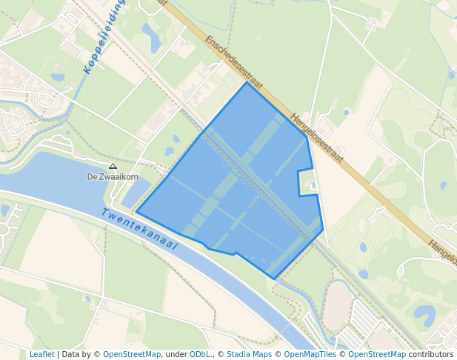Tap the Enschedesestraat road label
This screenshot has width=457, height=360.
(235, 62)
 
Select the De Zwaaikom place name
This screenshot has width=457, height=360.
(113, 177)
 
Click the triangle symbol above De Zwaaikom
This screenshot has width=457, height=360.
(113, 167)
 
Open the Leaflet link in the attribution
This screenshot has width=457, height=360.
(41, 354)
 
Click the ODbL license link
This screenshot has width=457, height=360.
(200, 354)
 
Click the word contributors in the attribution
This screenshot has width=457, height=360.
(431, 354)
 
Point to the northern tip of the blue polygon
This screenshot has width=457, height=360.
(247, 82)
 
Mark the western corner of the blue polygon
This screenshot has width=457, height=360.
(137, 213)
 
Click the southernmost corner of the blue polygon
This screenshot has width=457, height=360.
(275, 279)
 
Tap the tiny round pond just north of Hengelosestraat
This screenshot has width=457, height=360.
(346, 113)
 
